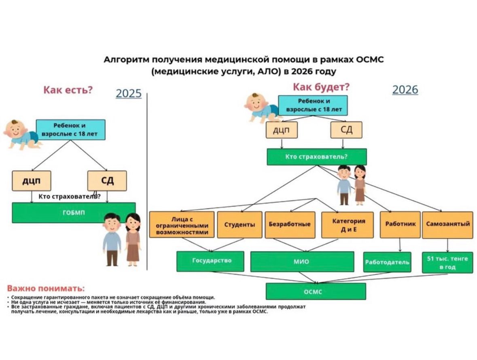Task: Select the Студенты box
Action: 240,224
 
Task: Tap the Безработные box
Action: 290,224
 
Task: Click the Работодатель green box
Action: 387,262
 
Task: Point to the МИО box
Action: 302,262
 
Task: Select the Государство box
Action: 210,261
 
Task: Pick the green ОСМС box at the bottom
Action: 316,291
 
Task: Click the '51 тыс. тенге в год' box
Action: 447,263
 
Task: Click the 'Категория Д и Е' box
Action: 348,224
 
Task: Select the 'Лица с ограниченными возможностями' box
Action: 182,224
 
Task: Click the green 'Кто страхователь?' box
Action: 316,157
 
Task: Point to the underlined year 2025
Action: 129,93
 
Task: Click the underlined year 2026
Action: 405,89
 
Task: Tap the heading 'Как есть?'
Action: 68,90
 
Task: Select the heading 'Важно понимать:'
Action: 46,288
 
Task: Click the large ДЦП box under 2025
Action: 32,181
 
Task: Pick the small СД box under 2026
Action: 346,130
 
